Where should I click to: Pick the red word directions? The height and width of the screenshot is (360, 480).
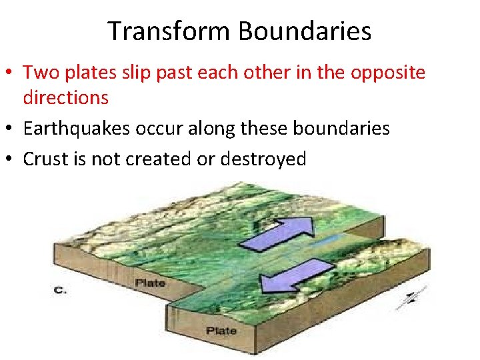pyautogui.click(x=65, y=97)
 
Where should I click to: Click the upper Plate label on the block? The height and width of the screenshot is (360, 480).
pyautogui.click(x=150, y=283)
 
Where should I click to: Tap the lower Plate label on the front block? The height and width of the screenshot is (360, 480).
pyautogui.click(x=222, y=331)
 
